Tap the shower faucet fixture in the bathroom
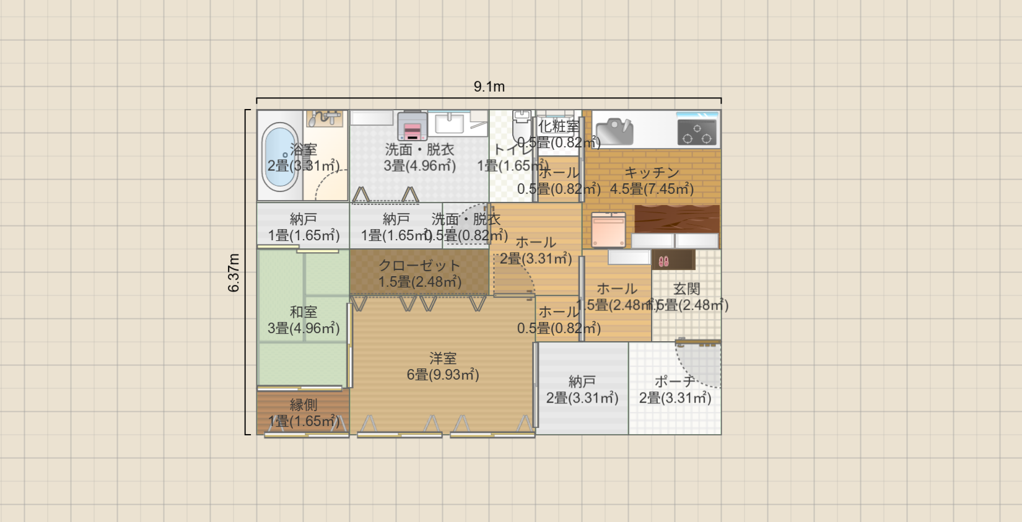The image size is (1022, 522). point(325,118)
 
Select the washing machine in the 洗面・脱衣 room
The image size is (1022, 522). point(412,126)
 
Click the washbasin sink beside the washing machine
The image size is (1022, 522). point(449,123)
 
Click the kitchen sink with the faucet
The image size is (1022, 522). point(614,131)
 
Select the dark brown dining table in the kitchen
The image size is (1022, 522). point(677,218)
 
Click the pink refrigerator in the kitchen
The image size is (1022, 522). point(608,230)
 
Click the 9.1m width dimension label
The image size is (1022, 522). point(489,87)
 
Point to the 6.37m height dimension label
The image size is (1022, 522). point(234,272)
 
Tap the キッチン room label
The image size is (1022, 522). point(652,173)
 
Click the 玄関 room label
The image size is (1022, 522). point(686,289)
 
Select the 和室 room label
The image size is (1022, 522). point(304,312)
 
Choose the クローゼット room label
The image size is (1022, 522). point(419,266)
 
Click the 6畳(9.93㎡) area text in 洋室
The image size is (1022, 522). point(443,375)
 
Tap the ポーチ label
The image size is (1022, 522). point(675,381)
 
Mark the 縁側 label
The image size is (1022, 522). point(304,405)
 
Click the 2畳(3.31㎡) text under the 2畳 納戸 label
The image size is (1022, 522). point(582,398)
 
